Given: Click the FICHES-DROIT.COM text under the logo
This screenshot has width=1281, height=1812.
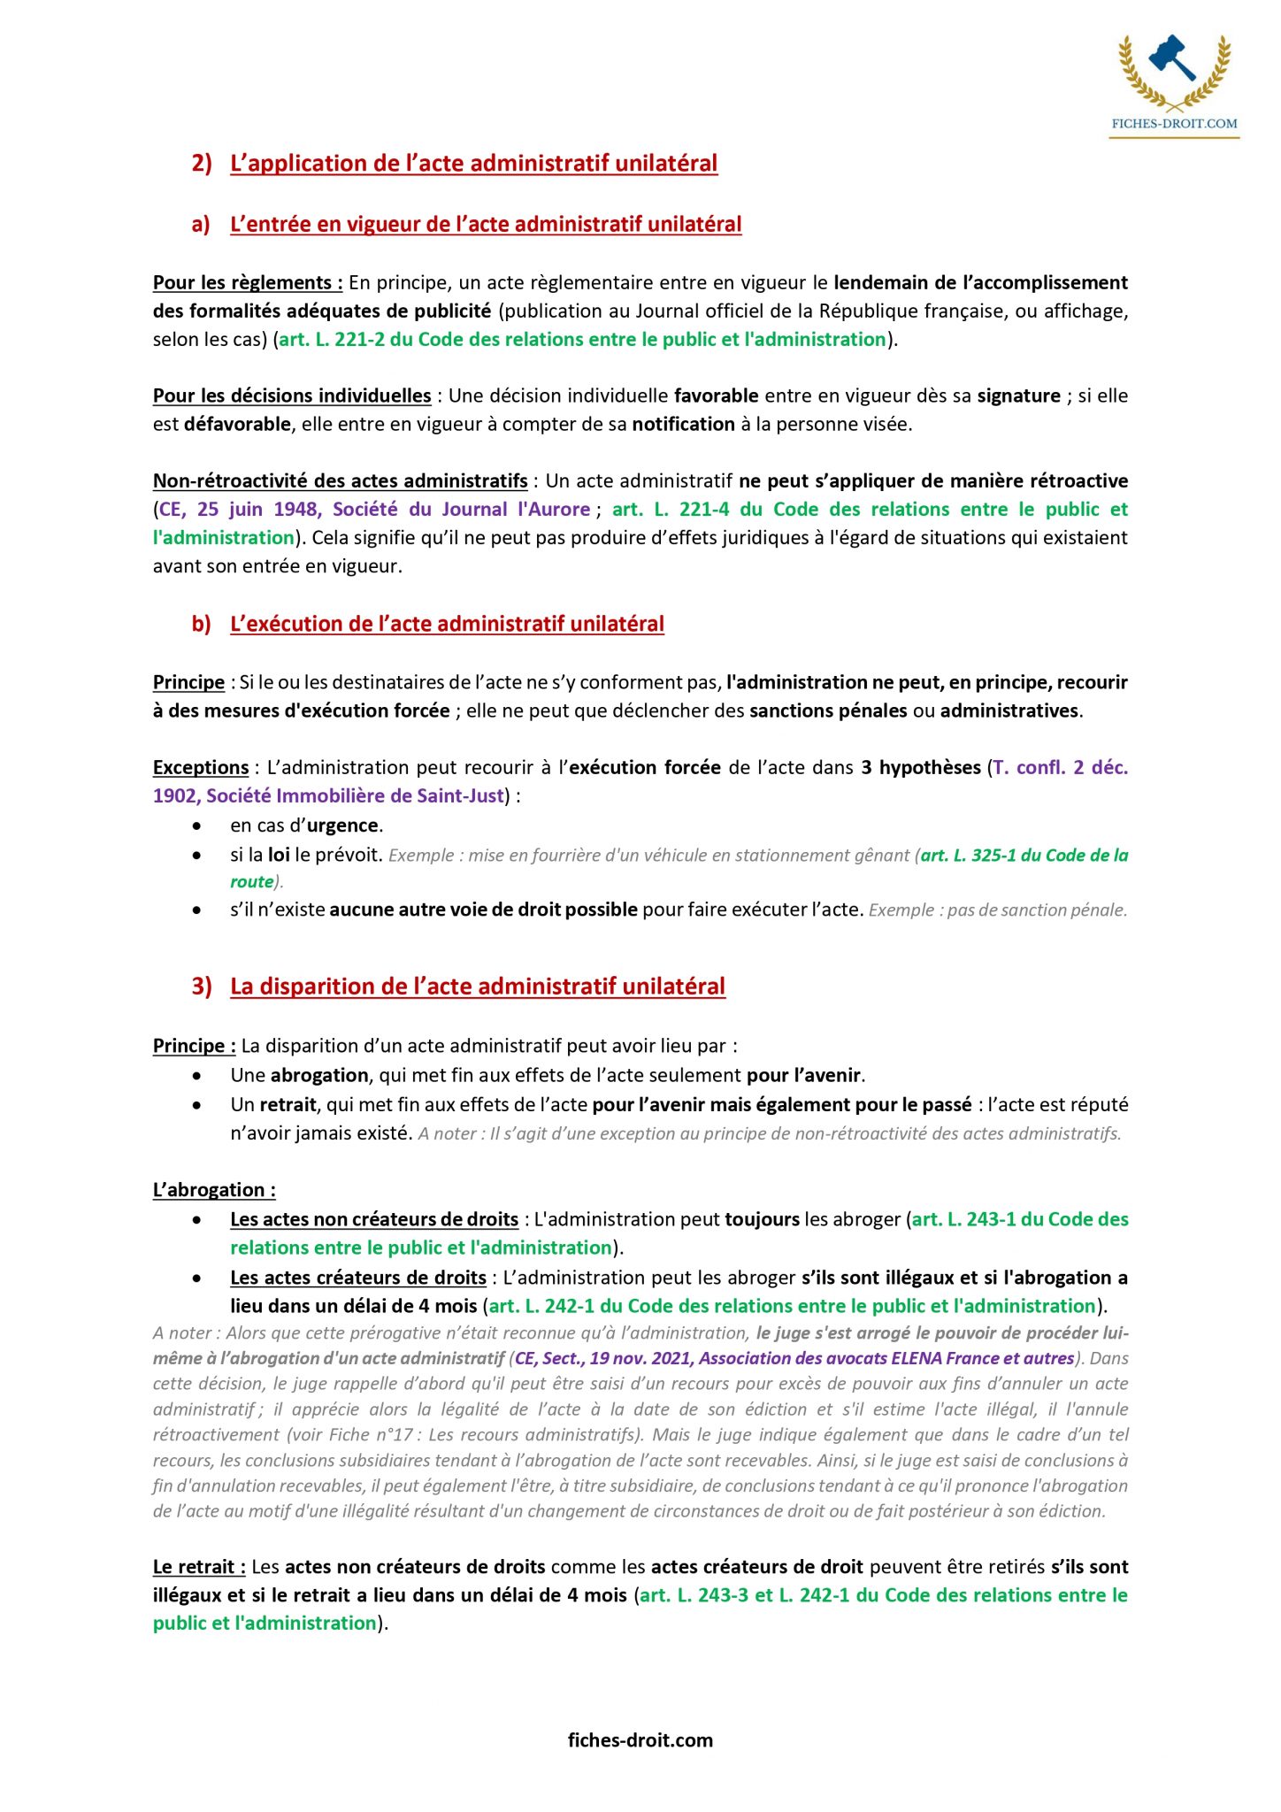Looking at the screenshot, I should point(1174,124).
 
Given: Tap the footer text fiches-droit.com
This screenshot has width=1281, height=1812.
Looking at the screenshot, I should point(640,1739).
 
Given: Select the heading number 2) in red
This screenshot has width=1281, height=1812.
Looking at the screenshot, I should point(202,164).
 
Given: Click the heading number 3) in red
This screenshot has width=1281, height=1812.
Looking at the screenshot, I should point(202,987).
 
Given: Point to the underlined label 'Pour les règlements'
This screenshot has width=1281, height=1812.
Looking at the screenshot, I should point(247,283).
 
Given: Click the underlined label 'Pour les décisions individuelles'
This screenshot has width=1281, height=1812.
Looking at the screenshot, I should point(292,395).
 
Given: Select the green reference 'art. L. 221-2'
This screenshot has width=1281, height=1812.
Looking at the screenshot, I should point(332,340).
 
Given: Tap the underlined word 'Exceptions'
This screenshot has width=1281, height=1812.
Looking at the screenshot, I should point(201,767).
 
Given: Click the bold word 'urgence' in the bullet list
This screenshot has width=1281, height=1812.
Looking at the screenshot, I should point(342,825).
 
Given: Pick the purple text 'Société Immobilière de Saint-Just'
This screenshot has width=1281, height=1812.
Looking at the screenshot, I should point(355,795).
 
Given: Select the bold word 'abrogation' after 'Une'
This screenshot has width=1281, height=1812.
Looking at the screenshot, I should point(318,1075).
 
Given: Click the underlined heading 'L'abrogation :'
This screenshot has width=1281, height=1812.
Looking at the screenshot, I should point(214,1190).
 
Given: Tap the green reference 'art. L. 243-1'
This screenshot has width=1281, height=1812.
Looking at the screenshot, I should point(963,1219).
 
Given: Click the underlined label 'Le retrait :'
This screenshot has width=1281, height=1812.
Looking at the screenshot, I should point(199,1567).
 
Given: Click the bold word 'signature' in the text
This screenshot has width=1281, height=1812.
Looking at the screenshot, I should point(1018,395).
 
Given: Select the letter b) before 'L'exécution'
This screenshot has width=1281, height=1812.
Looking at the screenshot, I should point(202,624).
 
